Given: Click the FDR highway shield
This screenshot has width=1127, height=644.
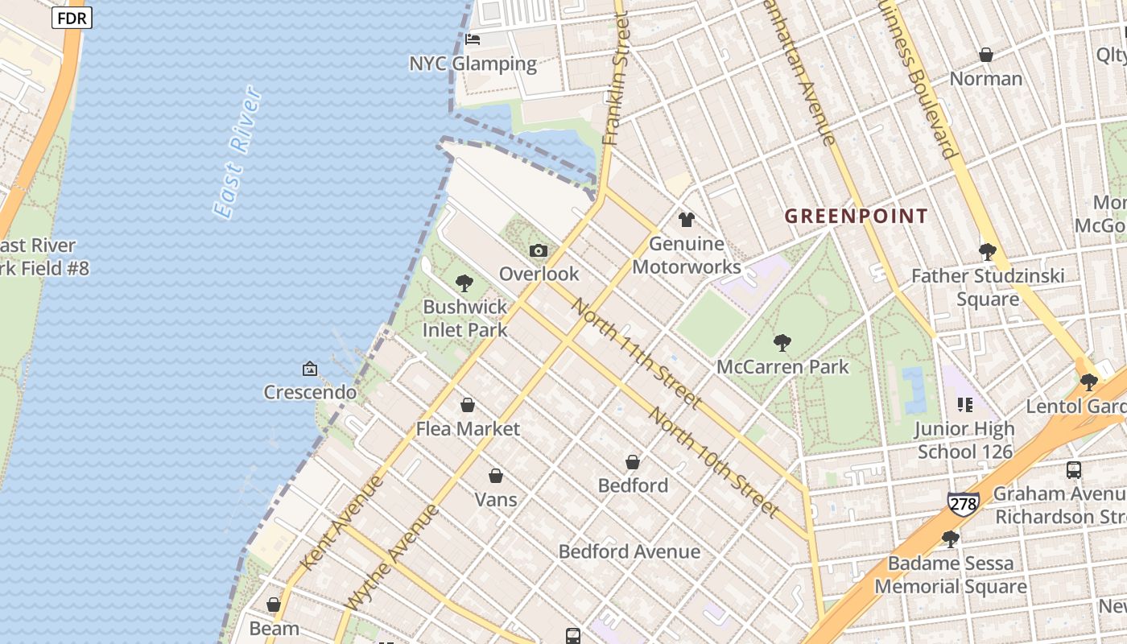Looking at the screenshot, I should [72, 18].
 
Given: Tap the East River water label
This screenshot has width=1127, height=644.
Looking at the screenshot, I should [238, 153].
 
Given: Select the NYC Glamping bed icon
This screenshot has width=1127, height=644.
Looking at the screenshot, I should [473, 39].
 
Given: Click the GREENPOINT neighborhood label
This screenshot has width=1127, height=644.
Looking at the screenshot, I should [856, 216].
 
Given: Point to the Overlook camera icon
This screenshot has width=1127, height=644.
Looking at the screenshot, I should [539, 250].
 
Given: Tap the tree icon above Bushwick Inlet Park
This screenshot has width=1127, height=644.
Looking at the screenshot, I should [464, 283].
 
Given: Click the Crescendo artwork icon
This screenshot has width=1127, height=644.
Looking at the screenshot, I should [309, 369].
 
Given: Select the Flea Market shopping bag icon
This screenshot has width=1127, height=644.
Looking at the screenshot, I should [467, 405].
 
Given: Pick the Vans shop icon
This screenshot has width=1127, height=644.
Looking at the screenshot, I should [495, 476].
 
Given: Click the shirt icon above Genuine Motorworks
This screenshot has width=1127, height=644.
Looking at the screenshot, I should [686, 219].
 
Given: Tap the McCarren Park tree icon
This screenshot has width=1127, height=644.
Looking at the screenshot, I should [782, 343].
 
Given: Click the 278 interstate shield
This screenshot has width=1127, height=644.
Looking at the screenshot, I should [963, 504].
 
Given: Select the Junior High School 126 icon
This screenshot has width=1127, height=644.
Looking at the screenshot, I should [964, 405].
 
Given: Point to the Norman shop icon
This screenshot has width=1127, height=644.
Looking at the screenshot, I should [985, 55].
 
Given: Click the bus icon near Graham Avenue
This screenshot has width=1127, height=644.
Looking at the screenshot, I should [1073, 469].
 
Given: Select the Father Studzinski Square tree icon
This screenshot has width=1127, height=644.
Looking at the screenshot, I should [987, 252].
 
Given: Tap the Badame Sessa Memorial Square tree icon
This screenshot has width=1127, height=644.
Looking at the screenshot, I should [950, 539].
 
